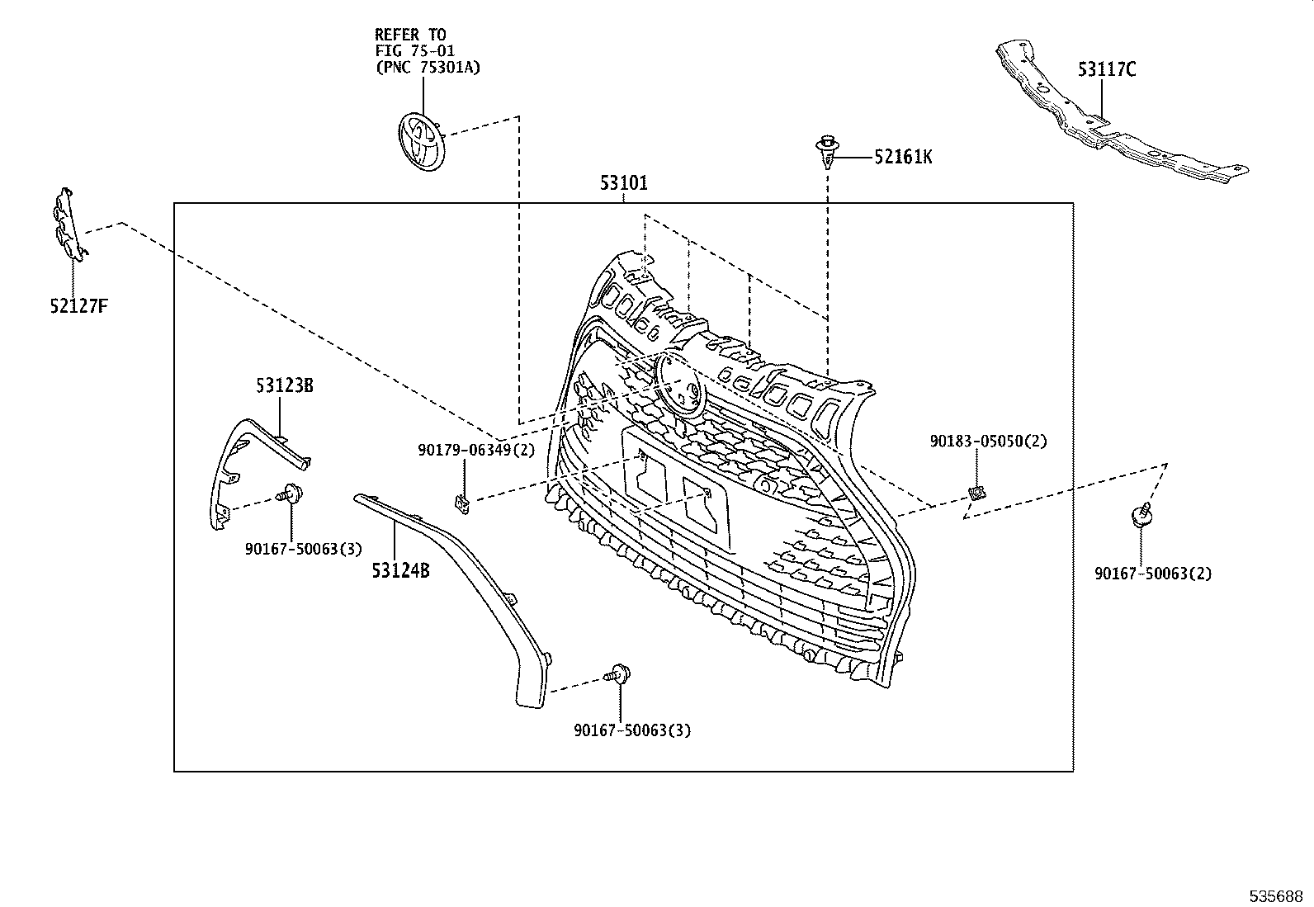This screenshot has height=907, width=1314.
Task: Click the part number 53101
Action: (x=623, y=183)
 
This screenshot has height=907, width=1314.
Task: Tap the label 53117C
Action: (x=1106, y=70)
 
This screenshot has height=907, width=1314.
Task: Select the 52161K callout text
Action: (x=903, y=157)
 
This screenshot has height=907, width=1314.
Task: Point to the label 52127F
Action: (x=78, y=307)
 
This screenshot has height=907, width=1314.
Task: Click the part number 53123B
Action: (x=284, y=385)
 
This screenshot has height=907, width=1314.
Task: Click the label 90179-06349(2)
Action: (x=476, y=451)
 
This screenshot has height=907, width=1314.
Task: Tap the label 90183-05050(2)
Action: (x=988, y=442)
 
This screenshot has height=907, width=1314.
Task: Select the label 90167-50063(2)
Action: (x=1153, y=574)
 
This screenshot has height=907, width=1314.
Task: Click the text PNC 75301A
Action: (x=428, y=68)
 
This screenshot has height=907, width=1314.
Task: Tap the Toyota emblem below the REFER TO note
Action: (x=422, y=142)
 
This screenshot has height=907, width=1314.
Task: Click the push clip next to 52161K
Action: (x=826, y=152)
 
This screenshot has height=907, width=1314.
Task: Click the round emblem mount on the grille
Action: (x=678, y=380)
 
